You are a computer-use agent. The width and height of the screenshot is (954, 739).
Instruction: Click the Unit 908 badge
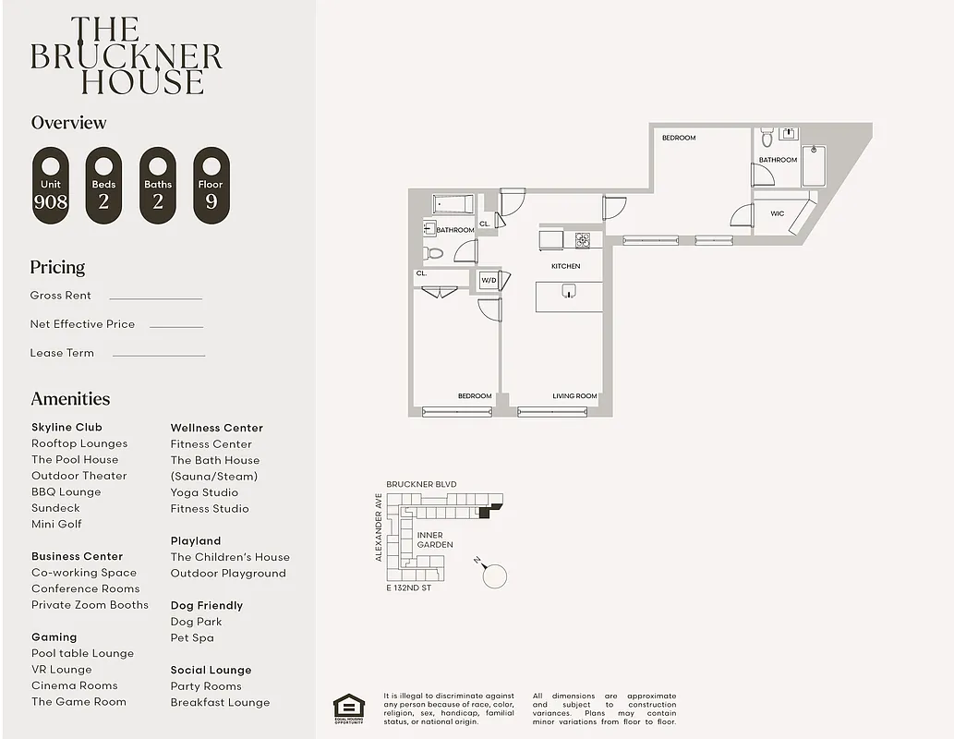click(51, 186)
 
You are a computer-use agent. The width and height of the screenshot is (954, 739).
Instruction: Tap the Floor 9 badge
click(211, 186)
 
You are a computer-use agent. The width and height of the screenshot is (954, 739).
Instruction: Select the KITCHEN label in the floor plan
click(566, 266)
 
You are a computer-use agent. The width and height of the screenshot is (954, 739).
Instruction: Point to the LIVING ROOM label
click(574, 396)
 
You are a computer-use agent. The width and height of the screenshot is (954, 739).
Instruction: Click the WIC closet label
click(778, 214)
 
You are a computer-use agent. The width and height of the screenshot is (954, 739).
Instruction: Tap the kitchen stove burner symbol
click(583, 240)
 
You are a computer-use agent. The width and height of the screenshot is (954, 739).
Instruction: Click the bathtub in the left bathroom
click(453, 203)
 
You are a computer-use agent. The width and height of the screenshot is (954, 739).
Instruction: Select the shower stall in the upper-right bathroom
click(814, 166)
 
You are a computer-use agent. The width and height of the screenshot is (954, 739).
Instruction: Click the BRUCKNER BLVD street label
click(421, 484)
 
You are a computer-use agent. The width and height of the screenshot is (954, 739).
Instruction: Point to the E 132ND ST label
click(408, 588)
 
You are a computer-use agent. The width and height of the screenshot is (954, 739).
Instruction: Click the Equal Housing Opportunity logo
click(348, 708)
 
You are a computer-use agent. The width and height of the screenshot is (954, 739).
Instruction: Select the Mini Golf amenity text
click(56, 524)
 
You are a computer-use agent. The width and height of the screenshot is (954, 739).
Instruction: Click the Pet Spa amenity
click(192, 637)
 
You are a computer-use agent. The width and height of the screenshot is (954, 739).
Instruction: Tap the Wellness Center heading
click(216, 428)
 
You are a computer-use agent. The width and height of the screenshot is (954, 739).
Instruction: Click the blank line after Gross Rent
click(155, 297)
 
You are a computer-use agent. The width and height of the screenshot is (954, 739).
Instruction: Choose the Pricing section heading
click(57, 268)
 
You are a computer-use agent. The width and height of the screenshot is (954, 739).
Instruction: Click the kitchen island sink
click(570, 292)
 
